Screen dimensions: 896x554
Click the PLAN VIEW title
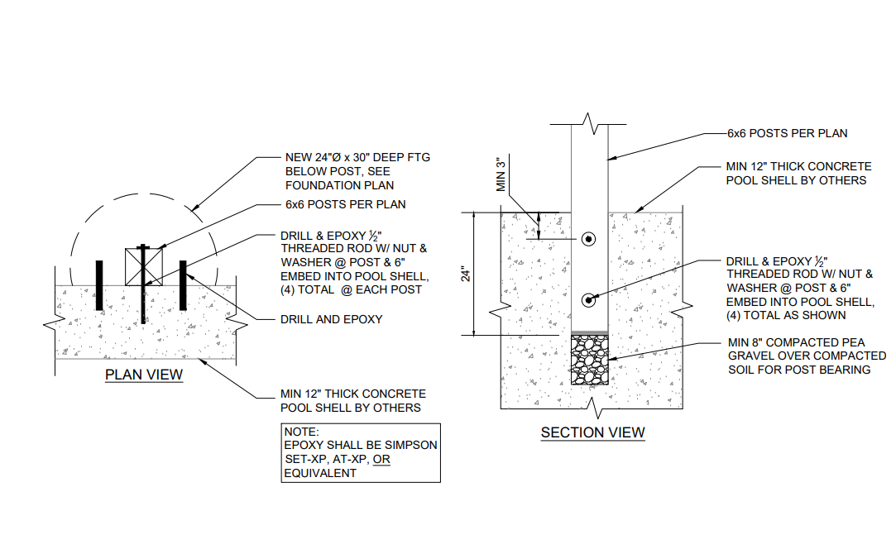coord(144,375)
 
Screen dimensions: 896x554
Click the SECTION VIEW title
coord(592,433)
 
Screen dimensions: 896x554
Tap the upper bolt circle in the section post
coord(588,239)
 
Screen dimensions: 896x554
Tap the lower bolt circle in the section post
coord(588,300)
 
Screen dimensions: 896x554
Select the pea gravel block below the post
coord(590,360)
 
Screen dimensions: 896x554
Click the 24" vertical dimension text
coord(467,275)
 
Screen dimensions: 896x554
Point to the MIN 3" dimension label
coord(501,174)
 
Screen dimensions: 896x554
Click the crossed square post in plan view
coord(144,267)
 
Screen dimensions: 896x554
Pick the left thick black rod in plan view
coord(99,285)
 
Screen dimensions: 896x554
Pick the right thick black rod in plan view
coord(183,285)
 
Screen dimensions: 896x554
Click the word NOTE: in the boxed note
coord(302,432)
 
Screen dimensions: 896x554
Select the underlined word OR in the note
coord(381,459)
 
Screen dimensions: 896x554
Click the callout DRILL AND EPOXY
coord(332,319)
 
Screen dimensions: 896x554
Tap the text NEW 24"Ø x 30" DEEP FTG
coord(357,158)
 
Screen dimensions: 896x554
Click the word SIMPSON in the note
coord(411,445)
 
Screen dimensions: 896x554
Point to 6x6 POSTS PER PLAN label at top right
coord(787,134)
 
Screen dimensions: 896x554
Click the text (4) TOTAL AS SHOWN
coord(786,315)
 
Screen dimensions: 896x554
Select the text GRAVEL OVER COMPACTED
coord(807,356)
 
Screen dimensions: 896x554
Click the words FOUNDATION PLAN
coord(339,185)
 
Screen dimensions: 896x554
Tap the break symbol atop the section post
coord(588,124)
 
